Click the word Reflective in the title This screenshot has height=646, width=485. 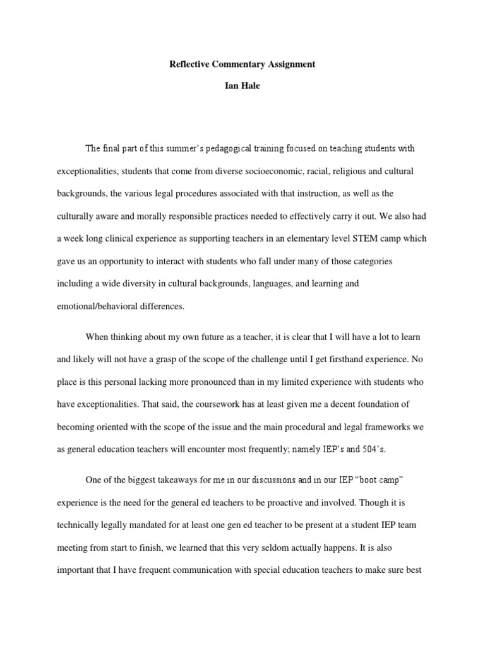(x=189, y=64)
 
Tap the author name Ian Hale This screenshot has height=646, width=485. (x=242, y=86)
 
